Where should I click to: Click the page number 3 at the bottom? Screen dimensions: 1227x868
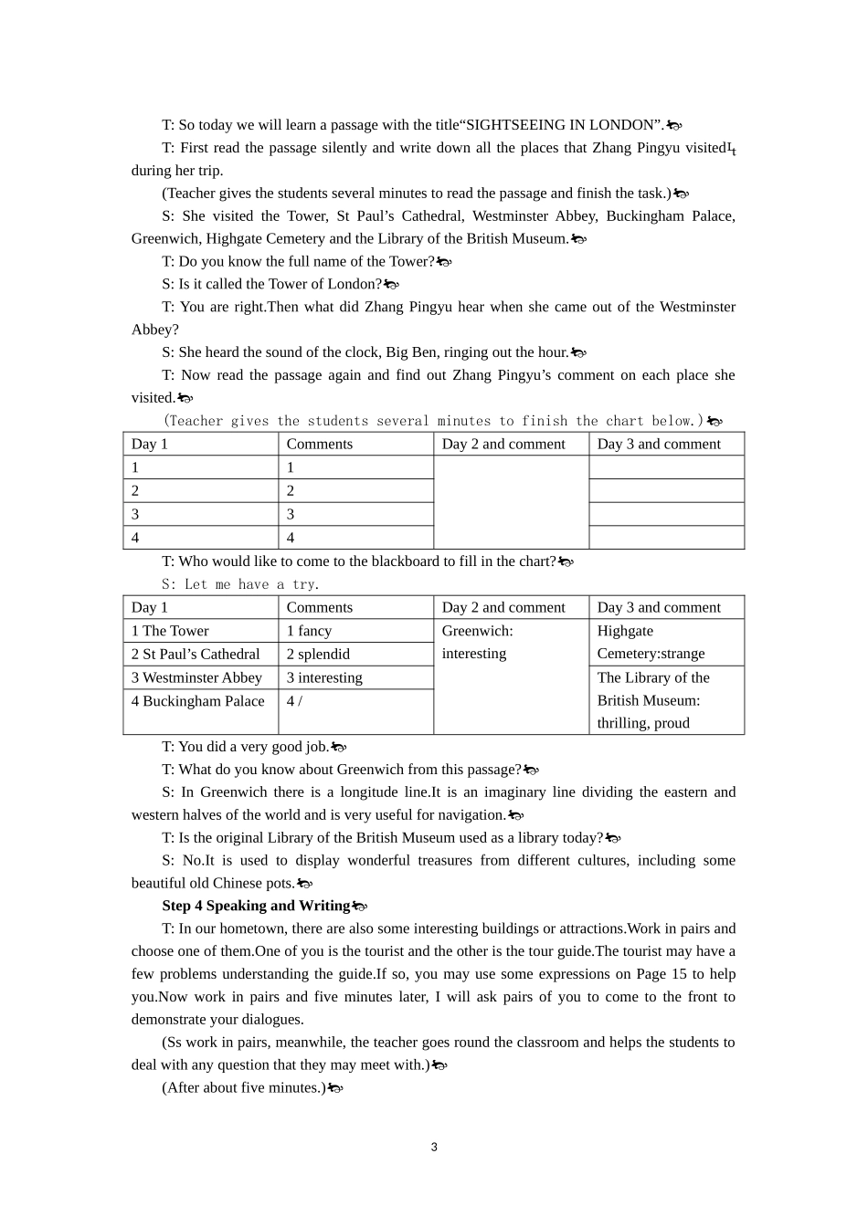(434, 1147)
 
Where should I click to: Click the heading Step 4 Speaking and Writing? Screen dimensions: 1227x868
(255, 906)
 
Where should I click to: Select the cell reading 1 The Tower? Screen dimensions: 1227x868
(170, 631)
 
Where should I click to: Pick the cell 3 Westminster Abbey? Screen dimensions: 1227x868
(196, 677)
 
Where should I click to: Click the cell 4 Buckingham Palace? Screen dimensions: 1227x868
(197, 701)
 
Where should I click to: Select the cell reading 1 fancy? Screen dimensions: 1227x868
(309, 631)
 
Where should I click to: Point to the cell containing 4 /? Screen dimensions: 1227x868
(294, 701)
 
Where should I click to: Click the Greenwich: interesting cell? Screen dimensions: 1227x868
(477, 643)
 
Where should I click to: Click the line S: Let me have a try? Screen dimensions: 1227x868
(240, 584)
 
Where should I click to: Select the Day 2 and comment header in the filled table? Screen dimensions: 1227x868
(503, 608)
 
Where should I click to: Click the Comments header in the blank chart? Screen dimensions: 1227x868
(319, 445)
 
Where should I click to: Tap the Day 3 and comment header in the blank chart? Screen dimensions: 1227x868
(659, 445)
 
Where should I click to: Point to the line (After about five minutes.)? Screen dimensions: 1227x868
(244, 1087)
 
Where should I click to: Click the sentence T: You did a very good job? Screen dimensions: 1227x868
(245, 747)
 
